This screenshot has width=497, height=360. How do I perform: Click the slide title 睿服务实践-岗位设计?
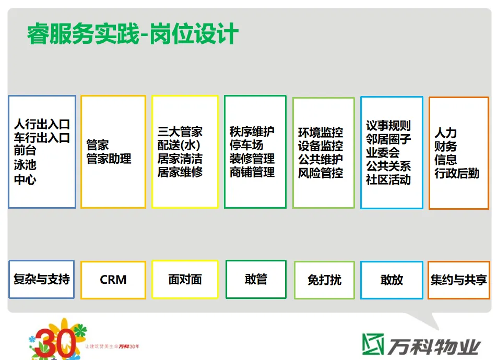click(133, 35)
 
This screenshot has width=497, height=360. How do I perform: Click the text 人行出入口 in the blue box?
click(42, 125)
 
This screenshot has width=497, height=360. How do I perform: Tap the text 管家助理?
click(109, 159)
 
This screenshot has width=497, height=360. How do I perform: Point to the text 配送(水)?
click(179, 145)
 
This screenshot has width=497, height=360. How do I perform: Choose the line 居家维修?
click(180, 172)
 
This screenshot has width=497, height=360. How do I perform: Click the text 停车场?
click(246, 145)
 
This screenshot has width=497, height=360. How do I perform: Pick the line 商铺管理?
click(252, 172)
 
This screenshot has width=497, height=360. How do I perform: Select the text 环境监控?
click(321, 133)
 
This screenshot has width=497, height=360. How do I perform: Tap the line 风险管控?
click(321, 173)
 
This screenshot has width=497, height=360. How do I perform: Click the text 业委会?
click(382, 153)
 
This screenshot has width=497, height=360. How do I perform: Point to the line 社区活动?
click(388, 180)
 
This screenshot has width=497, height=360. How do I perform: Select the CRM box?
click(113, 280)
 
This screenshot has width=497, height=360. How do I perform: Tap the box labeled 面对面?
click(185, 279)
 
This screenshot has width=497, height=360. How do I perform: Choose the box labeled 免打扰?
click(324, 280)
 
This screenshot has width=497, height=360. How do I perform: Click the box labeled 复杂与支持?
click(42, 279)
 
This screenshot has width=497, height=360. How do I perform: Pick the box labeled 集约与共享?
click(458, 280)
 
